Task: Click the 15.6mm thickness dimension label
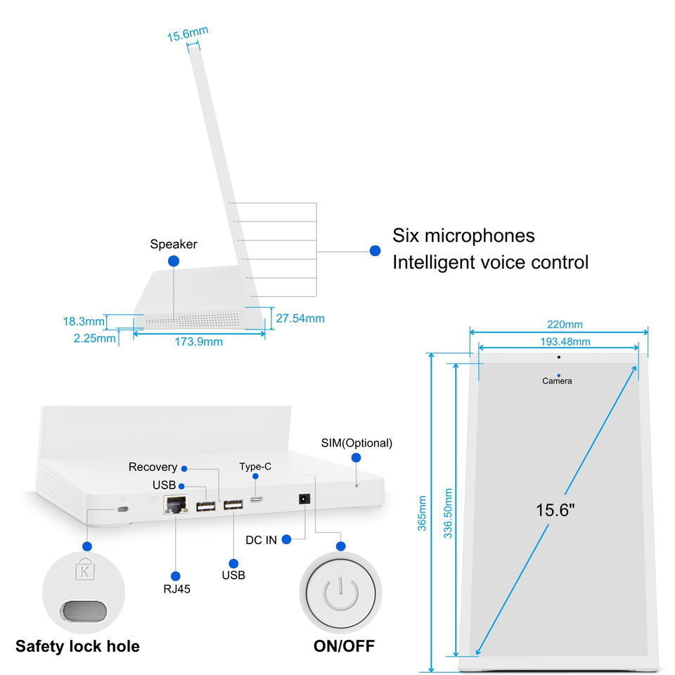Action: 187,34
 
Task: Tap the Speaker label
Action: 174,244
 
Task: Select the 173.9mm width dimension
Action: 199,342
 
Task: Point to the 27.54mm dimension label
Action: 300,319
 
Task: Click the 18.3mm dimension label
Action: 84,321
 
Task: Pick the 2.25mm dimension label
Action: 94,338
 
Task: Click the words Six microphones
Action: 463,235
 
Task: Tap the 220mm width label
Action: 565,324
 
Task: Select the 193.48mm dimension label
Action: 565,342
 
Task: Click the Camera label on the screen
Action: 557,381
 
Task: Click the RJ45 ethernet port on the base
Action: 174,503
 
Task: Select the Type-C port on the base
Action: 257,499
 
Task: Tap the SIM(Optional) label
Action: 356,443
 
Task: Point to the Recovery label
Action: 153,467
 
